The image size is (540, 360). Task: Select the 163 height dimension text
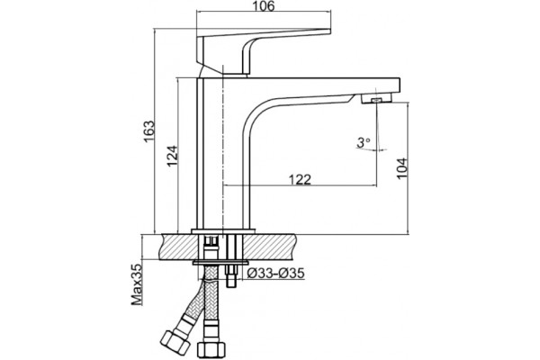click(x=149, y=131)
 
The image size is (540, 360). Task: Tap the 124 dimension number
click(x=173, y=156)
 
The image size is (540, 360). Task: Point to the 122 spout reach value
click(x=300, y=179)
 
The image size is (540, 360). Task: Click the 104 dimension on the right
click(x=402, y=168)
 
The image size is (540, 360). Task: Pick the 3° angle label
click(x=363, y=142)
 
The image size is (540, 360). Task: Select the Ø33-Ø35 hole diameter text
click(x=276, y=274)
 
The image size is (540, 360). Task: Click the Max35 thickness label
click(x=137, y=284)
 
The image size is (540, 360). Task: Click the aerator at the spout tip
click(x=376, y=99)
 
